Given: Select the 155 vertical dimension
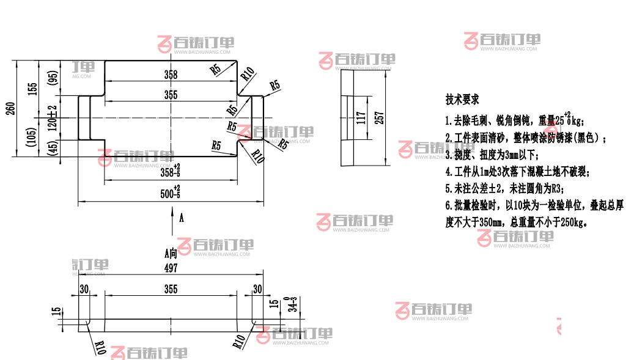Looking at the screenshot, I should pyautogui.click(x=34, y=89).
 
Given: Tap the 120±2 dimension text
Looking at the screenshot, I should pyautogui.click(x=53, y=117).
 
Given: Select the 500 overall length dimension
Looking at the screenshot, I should pyautogui.click(x=171, y=194).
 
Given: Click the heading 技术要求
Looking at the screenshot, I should pyautogui.click(x=462, y=98).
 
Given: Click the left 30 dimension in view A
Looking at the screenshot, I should pyautogui.click(x=84, y=289).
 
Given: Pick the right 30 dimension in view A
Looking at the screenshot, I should pyautogui.click(x=257, y=289).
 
